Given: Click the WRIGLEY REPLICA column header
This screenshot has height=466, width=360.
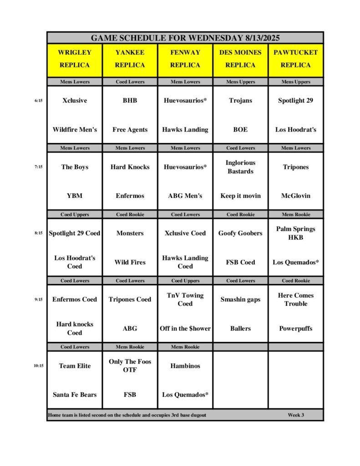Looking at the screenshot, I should click(75, 59).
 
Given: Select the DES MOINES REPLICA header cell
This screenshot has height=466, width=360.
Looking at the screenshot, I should click(240, 59).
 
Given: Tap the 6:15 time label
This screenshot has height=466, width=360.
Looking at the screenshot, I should click(38, 101).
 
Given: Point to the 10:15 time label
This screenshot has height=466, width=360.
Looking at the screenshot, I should click(38, 365).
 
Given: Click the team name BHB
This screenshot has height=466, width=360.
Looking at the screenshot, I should click(130, 101).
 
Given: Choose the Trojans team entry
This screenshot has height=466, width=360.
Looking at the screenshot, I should click(240, 101).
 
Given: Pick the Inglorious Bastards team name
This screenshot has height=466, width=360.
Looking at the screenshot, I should click(240, 167).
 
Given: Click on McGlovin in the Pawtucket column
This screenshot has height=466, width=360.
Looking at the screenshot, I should click(295, 196).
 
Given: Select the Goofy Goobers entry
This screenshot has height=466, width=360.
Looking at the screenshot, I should click(240, 233).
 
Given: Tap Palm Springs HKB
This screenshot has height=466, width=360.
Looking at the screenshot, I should click(295, 233).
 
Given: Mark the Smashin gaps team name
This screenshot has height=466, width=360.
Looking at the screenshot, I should click(240, 299).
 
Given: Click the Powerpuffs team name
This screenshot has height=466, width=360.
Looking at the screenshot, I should click(295, 328).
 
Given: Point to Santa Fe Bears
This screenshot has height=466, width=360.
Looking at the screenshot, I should click(75, 395).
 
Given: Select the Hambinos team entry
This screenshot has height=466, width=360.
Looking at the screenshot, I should click(185, 365).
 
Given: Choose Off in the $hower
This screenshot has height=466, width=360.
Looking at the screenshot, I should click(185, 328).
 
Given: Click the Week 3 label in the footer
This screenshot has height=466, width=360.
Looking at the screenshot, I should click(296, 415).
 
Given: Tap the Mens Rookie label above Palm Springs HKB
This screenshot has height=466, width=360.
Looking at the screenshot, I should click(295, 214).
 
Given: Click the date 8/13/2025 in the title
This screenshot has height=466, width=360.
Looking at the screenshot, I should click(260, 38).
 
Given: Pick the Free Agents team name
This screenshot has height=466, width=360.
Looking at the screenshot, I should click(130, 129).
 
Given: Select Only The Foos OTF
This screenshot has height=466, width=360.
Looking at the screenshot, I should click(130, 365).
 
